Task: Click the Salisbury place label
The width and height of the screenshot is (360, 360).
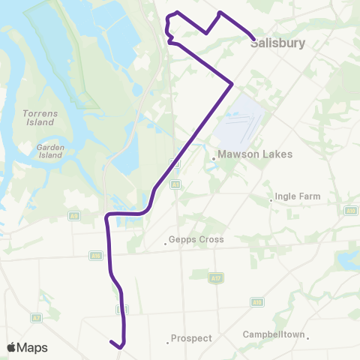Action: (277, 43)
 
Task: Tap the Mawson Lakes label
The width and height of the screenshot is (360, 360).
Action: (247, 156)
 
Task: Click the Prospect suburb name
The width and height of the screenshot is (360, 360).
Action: (191, 338)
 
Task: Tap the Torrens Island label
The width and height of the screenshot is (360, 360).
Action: (37, 118)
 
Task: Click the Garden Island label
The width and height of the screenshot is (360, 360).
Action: (50, 152)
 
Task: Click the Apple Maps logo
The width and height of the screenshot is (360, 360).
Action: (28, 347)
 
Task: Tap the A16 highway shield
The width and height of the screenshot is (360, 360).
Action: (96, 256)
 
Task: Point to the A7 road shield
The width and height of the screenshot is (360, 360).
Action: (35, 318)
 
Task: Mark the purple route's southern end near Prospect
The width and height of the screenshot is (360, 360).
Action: (111, 342)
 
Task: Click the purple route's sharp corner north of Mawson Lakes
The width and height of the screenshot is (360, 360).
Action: (231, 83)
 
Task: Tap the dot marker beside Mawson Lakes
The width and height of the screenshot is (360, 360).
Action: (213, 157)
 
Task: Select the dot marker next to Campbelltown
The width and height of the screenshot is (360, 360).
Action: (307, 337)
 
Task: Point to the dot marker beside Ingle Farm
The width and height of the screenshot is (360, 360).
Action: (271, 200)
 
